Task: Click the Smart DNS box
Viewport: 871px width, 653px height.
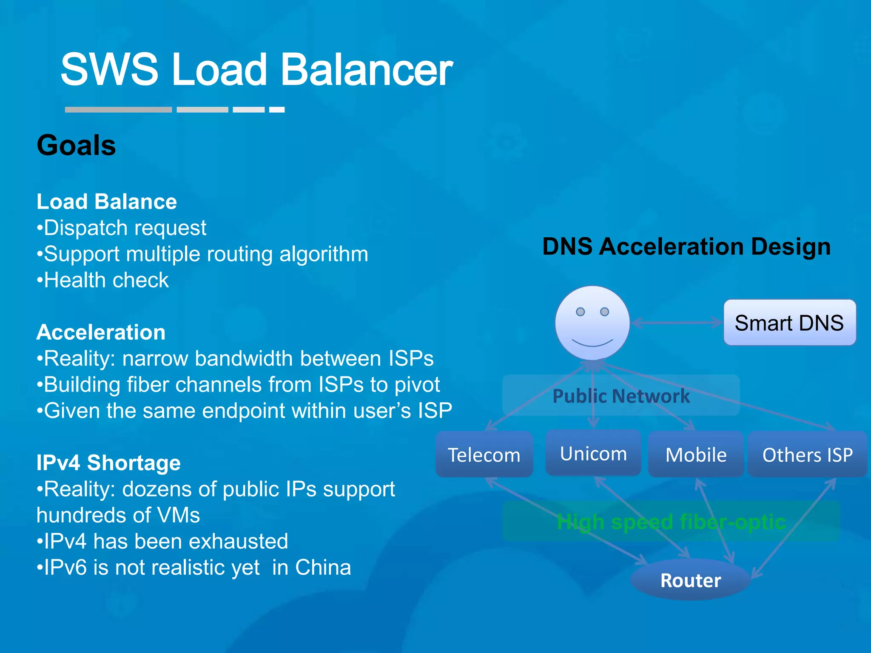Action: (x=789, y=323)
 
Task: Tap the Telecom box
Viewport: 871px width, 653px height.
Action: (x=484, y=454)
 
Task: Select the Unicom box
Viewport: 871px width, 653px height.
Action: (x=593, y=453)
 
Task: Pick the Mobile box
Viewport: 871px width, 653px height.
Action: (x=696, y=454)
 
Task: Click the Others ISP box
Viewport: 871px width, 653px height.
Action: (x=807, y=454)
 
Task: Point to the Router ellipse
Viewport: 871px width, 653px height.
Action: (x=690, y=580)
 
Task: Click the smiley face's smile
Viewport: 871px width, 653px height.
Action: (x=592, y=343)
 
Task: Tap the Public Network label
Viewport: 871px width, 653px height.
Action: (x=621, y=396)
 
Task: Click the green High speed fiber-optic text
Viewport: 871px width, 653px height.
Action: (x=671, y=522)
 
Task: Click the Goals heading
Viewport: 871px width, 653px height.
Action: (x=77, y=145)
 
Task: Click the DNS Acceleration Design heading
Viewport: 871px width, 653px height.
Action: (x=686, y=247)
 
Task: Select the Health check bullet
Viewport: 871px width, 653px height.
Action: (x=103, y=280)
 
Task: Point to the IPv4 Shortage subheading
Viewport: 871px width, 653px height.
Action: (x=108, y=463)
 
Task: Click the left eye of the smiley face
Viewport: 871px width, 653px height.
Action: (x=580, y=312)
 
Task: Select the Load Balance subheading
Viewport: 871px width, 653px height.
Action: (x=107, y=202)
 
